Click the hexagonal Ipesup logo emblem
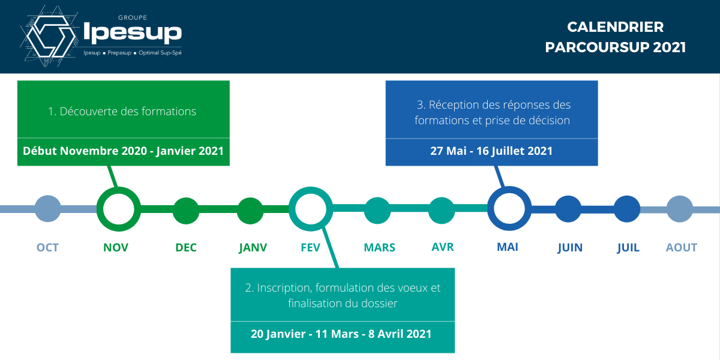tap(49, 36)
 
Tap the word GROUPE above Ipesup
tap(133, 17)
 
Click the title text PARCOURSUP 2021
tap(615, 47)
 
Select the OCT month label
tap(47, 247)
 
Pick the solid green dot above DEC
tap(186, 211)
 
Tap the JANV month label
tap(253, 248)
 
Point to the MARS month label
tap(379, 247)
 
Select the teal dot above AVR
tap(442, 211)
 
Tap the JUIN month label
tap(570, 248)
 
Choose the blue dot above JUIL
tap(627, 209)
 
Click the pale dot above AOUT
tap(679, 209)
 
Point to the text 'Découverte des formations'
tap(128, 111)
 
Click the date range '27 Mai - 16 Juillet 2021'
tap(491, 151)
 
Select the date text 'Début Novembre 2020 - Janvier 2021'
tap(123, 151)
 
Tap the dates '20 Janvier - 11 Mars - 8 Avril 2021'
tap(341, 334)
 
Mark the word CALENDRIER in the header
tap(615, 27)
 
